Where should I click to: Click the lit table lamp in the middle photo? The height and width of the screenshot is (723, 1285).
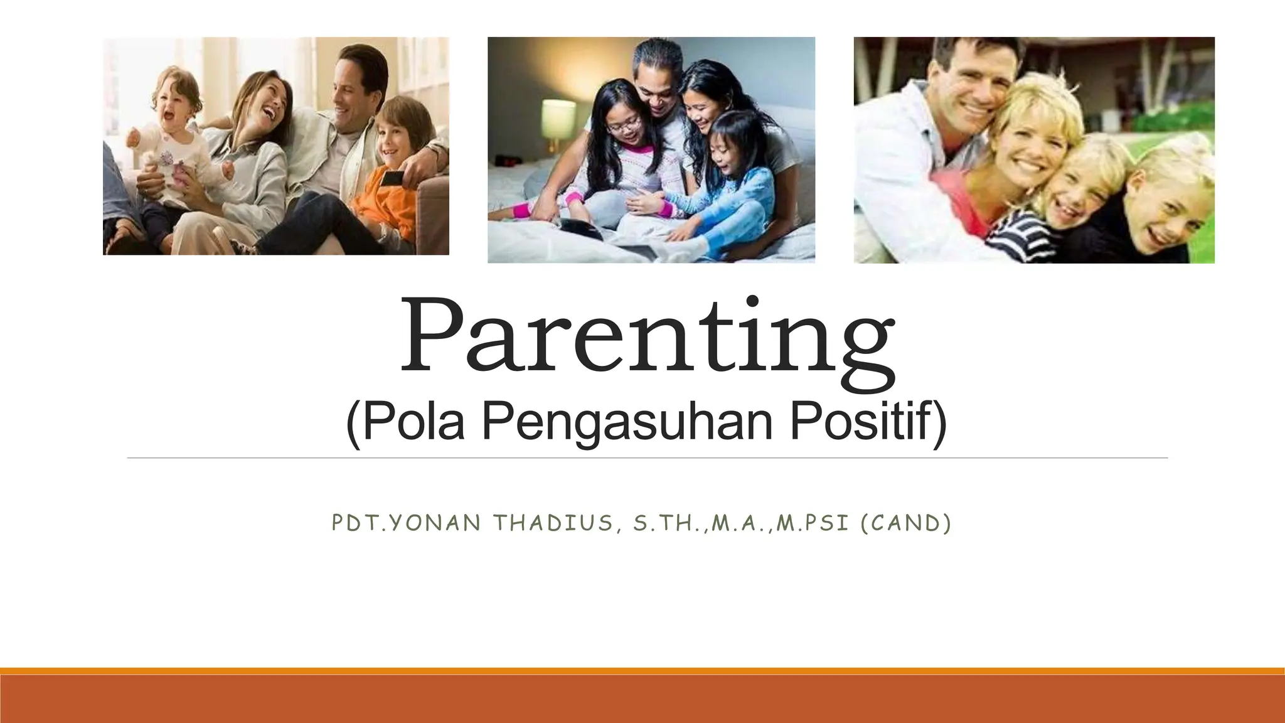coord(558,119)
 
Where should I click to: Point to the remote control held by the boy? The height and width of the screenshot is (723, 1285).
coord(392,178)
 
